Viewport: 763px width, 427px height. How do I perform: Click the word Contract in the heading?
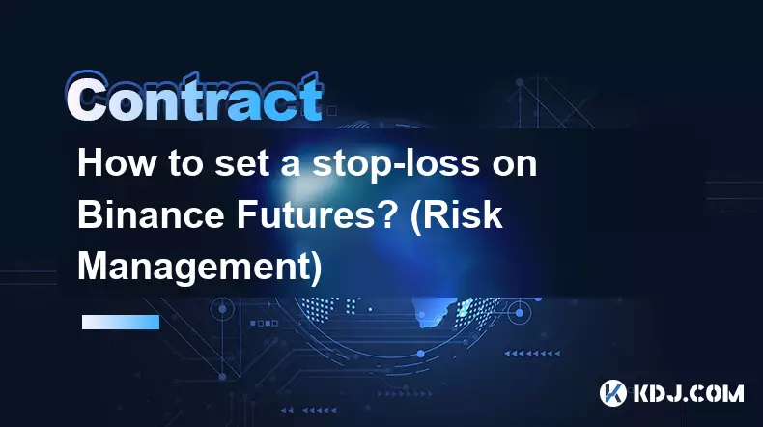pyautogui.click(x=195, y=98)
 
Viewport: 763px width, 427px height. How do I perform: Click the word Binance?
pyautogui.click(x=151, y=214)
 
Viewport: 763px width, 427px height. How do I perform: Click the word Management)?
pyautogui.click(x=200, y=268)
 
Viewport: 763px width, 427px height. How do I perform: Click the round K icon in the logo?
pyautogui.click(x=613, y=393)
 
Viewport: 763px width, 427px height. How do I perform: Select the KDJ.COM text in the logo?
pyautogui.click(x=688, y=393)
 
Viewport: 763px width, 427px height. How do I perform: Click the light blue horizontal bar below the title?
pyautogui.click(x=121, y=322)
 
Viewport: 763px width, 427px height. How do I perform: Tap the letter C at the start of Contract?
pyautogui.click(x=88, y=98)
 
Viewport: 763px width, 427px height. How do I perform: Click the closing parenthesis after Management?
pyautogui.click(x=316, y=269)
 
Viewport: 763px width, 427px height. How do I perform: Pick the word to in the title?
pyautogui.click(x=185, y=165)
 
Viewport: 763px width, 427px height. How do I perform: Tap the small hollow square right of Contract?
pyautogui.click(x=332, y=111)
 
